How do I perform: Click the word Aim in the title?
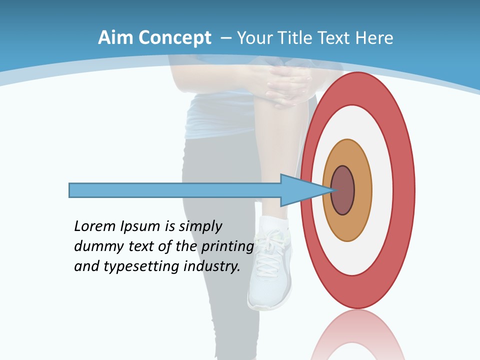(x=115, y=38)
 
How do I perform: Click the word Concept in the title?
(x=175, y=38)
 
